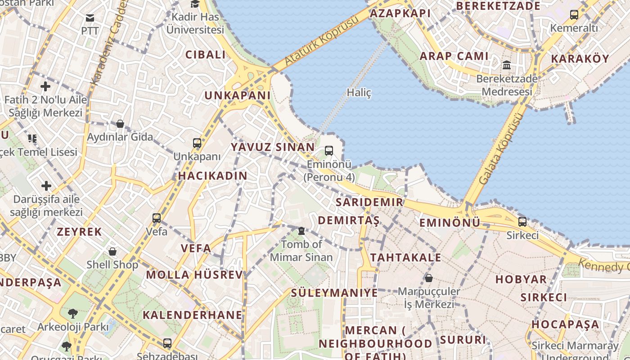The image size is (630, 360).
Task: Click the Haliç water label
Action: click(359, 93)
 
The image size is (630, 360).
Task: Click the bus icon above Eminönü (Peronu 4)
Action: click(329, 151)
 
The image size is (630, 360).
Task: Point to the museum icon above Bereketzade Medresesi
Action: click(507, 65)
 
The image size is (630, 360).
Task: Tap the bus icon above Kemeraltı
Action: click(574, 15)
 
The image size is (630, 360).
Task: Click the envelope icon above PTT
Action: click(90, 18)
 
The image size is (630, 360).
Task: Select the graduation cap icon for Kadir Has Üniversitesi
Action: click(195, 4)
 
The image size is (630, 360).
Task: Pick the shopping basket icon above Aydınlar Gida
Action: click(120, 124)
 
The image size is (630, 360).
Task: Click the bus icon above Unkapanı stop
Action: click(197, 143)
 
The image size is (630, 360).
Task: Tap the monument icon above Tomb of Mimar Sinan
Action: click(301, 231)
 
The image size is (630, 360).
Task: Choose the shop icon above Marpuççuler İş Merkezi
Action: click(429, 278)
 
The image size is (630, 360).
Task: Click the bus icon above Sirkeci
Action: click(522, 222)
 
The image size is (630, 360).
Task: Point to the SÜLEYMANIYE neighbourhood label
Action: click(334, 293)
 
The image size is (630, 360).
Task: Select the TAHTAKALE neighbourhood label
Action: click(406, 257)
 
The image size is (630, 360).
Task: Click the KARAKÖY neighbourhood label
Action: click(580, 59)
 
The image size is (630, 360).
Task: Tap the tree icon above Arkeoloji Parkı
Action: click(73, 313)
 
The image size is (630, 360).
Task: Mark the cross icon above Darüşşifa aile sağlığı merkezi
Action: click(46, 185)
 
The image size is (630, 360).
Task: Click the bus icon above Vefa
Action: click(157, 218)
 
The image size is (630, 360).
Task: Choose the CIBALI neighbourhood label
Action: click(206, 55)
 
